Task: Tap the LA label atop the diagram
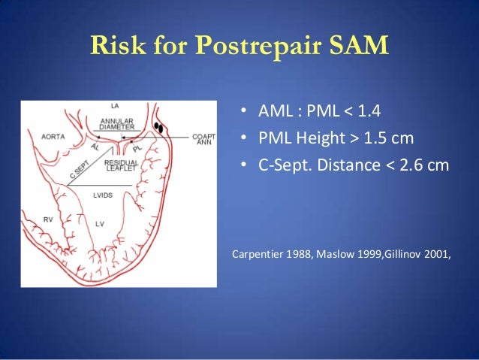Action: pos(115,106)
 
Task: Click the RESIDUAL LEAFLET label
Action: pos(119,165)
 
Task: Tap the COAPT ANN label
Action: pos(203,140)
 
